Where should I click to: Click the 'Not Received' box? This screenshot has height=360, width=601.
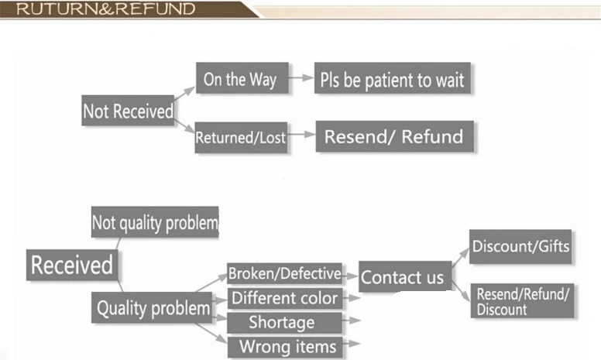click(128, 111)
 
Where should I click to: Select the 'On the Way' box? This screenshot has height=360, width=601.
click(239, 79)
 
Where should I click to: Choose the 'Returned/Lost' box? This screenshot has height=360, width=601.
click(240, 138)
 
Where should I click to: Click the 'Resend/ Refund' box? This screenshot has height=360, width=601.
click(393, 137)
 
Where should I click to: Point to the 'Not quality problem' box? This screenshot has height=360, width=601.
click(155, 223)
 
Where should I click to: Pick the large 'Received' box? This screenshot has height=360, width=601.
click(72, 265)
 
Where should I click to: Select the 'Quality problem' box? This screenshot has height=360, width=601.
click(153, 308)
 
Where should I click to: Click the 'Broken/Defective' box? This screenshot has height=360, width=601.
click(284, 273)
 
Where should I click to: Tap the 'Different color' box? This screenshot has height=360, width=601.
click(284, 298)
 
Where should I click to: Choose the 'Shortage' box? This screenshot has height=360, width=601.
click(282, 322)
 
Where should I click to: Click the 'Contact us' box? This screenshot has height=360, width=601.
click(403, 276)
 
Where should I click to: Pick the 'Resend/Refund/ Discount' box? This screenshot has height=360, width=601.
click(523, 301)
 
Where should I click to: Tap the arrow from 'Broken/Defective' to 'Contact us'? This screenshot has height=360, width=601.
click(350, 274)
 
